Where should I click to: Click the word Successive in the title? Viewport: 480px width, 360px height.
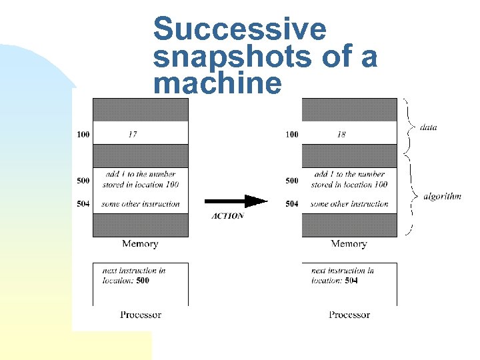pos(240,30)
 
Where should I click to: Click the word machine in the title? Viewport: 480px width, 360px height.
pos(217,85)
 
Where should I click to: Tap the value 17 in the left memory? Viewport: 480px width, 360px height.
pos(133,135)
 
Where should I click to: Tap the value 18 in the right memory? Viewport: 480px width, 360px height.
pos(341,135)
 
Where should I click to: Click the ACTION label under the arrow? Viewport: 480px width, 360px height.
pos(227,216)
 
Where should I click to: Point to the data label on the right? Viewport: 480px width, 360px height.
pos(429,127)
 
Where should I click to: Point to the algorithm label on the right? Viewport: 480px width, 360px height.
pos(442,197)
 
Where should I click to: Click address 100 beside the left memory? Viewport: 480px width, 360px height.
pos(83,135)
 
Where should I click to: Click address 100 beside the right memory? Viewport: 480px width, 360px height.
pos(292,135)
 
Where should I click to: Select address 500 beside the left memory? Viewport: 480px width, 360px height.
pos(83,181)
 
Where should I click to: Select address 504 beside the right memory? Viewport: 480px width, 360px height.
pos(292,204)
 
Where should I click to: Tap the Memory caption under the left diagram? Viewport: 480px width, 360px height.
pos(140,244)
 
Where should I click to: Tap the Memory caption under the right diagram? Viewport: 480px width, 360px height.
pos(349,244)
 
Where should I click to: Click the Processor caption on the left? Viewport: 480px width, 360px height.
pos(141,315)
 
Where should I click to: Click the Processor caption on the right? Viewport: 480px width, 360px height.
pos(349,315)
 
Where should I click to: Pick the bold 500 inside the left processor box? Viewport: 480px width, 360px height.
pos(143,281)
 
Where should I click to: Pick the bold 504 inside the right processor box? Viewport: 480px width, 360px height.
pos(351,281)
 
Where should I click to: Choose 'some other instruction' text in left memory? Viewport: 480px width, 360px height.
pos(141,204)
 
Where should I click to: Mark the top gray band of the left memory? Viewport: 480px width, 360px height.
pos(141,109)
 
